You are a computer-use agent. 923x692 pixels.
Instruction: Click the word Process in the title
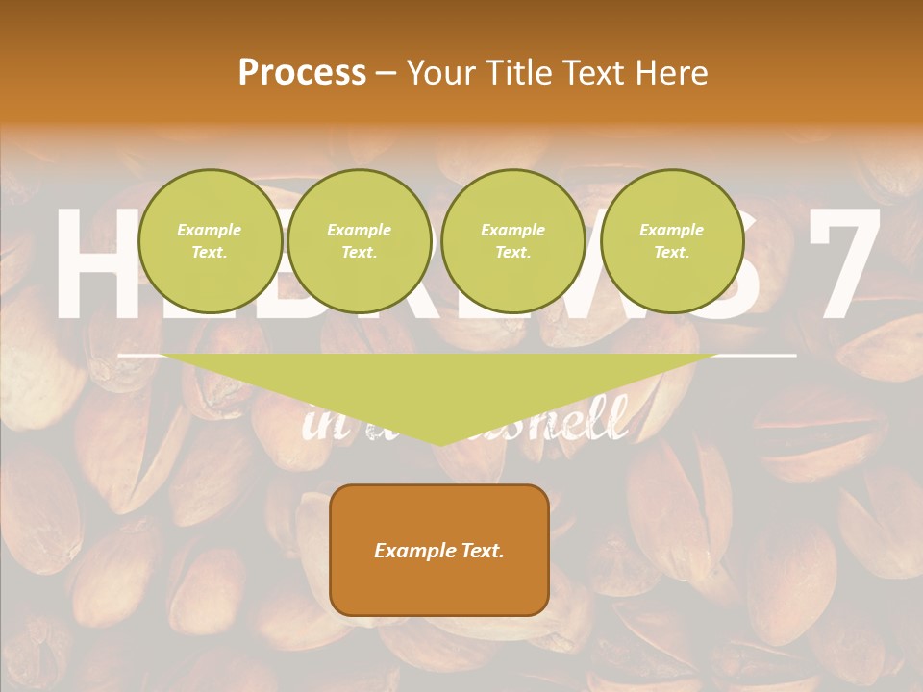[x=302, y=72]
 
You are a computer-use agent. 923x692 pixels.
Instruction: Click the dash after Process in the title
[x=387, y=74]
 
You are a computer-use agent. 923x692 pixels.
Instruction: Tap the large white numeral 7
[x=844, y=264]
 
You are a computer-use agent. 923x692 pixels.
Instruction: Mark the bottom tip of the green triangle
[x=439, y=444]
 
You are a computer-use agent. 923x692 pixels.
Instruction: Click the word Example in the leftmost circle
[x=210, y=230]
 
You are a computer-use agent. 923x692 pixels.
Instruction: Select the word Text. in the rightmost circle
[x=672, y=252]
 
